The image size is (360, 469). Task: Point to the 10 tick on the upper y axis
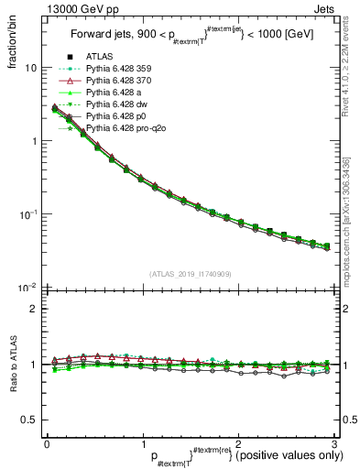click(x=30, y=69)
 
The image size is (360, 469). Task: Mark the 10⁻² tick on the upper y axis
click(x=27, y=287)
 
